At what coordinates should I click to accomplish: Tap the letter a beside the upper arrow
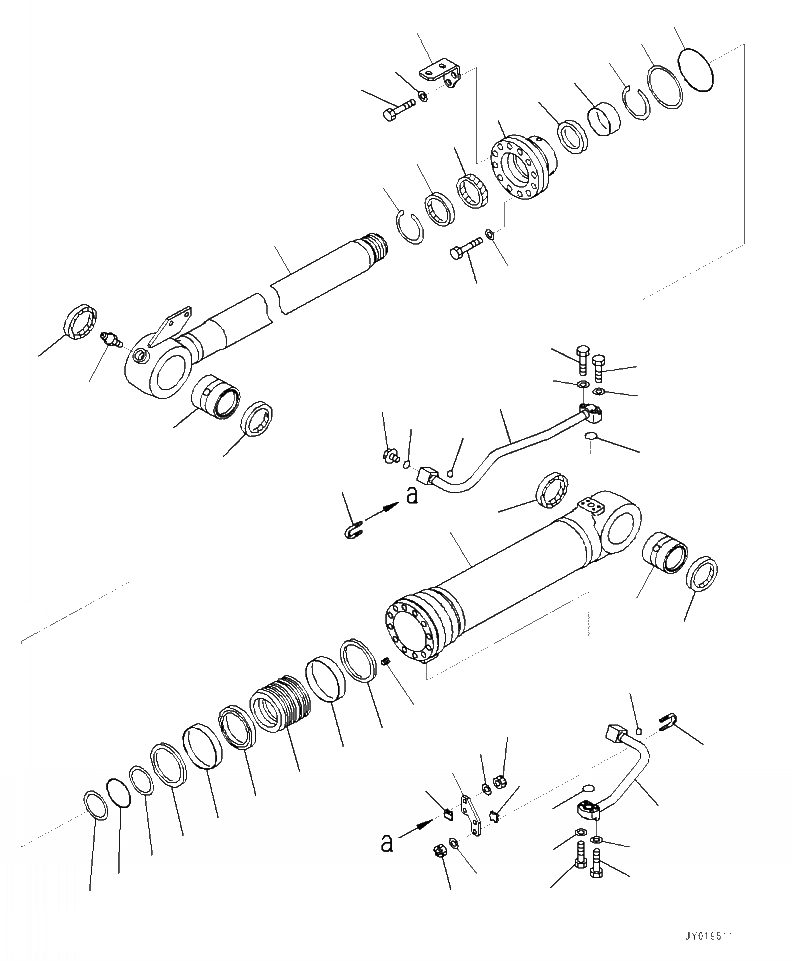coord(412,497)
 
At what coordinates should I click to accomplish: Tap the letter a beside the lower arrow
coord(386,844)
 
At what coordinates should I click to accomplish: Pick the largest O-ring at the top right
coord(695,71)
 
